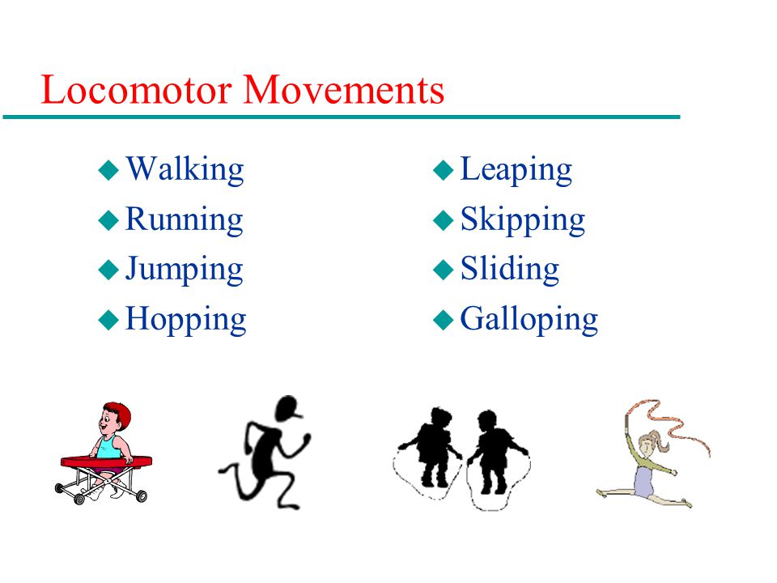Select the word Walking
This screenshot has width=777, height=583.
(x=185, y=169)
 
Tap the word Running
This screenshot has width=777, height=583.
(x=184, y=219)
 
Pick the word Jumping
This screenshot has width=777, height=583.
(x=184, y=270)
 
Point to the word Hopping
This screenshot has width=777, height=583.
(x=186, y=320)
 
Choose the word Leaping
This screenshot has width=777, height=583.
(x=516, y=169)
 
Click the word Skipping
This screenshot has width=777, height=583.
(x=523, y=219)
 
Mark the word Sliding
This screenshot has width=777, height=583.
(x=510, y=269)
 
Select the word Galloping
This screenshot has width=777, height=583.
(x=529, y=320)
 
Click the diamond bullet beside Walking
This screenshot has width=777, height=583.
(x=108, y=170)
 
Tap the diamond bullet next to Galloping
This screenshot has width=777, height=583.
(x=444, y=320)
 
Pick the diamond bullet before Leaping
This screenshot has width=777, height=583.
(x=444, y=170)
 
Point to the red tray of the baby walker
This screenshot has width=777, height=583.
(x=106, y=462)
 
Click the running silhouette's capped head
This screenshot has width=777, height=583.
(x=288, y=408)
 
